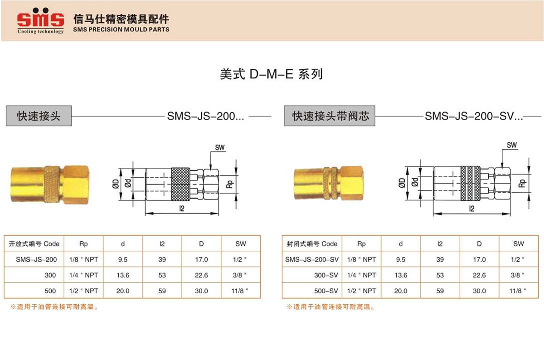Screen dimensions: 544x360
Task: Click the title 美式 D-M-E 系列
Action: click(x=271, y=74)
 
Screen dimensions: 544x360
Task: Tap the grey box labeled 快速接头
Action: click(x=39, y=116)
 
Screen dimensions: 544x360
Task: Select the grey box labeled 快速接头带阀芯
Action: click(x=330, y=116)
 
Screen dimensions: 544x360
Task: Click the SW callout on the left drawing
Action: click(x=220, y=148)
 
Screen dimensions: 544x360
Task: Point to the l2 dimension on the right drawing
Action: click(x=471, y=209)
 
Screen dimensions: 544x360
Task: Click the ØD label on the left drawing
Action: click(x=116, y=184)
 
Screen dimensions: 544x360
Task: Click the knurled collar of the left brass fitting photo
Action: click(x=52, y=185)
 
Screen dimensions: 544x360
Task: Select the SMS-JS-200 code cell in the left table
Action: click(x=36, y=259)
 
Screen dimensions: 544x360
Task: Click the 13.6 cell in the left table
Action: click(x=123, y=275)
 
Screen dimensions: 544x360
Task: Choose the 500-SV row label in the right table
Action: click(x=326, y=291)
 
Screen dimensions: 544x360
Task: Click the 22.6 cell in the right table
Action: click(x=480, y=275)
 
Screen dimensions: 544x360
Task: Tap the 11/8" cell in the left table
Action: click(x=240, y=291)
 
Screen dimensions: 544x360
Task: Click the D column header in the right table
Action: click(x=479, y=243)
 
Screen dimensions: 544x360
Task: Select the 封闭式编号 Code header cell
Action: click(x=312, y=243)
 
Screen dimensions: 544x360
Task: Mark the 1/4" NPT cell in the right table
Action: click(x=362, y=275)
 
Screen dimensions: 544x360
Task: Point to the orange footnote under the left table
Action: click(x=54, y=307)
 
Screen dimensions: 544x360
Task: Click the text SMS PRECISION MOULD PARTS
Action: click(x=121, y=29)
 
